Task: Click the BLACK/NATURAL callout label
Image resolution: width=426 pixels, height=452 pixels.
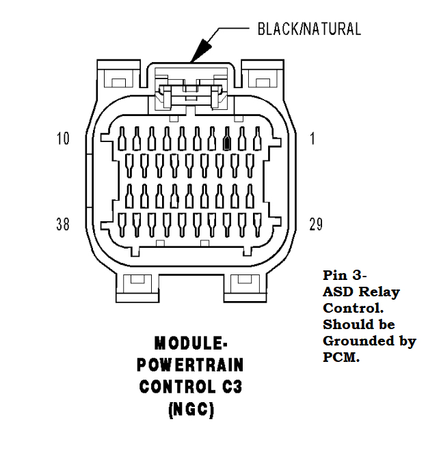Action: pos(308,29)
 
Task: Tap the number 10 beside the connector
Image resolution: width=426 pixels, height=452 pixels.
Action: pos(63,139)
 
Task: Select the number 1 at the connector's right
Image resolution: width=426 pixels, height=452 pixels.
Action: pos(312,139)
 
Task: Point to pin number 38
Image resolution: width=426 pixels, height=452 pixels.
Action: pos(63,224)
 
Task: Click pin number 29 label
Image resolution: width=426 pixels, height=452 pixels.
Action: pos(316,224)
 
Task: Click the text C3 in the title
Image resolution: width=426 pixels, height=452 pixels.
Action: pos(229,386)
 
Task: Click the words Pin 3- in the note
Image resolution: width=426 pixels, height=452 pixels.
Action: pos(345,275)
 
